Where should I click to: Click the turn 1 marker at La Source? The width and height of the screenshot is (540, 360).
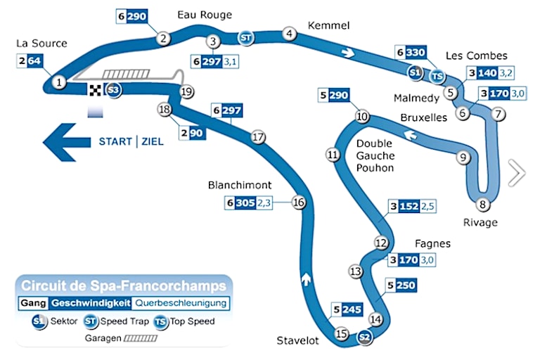pos(60,83)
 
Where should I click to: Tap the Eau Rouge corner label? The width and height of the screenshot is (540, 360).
pos(205,15)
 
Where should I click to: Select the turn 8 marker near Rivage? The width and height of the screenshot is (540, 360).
pos(482,205)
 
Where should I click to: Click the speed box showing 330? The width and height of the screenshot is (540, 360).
pos(416,52)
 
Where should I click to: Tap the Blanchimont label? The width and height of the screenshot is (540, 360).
pos(240,186)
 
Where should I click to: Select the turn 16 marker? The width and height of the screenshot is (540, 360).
pos(299,202)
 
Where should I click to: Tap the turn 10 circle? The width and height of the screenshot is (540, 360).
pos(362,117)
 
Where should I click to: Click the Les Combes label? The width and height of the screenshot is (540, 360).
pos(476,56)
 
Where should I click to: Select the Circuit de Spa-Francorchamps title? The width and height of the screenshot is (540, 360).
pos(124,286)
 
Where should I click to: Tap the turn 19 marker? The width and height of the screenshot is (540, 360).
pos(186,91)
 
